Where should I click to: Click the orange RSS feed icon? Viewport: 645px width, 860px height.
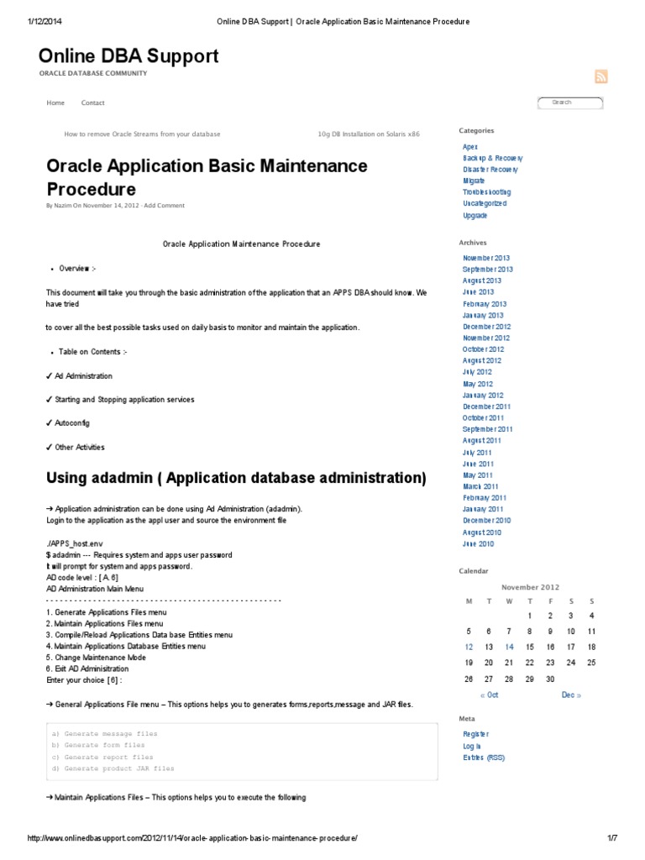(600, 76)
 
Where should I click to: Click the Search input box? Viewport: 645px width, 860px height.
(570, 102)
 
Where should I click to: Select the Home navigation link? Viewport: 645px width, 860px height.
(55, 103)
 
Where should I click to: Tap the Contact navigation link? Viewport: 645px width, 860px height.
(92, 103)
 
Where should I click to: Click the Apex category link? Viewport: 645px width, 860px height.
(470, 147)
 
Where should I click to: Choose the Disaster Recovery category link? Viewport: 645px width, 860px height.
(490, 170)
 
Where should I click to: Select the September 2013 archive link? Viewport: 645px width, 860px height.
(487, 270)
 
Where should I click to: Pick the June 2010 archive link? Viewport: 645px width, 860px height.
(478, 543)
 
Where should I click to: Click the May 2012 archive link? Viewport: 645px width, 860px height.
(477, 384)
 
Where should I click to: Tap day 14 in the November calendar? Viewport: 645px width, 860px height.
(510, 647)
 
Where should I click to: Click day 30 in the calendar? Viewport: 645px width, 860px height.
(551, 679)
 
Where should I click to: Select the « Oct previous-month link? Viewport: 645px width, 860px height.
(489, 695)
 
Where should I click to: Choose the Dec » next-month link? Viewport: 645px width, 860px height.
(571, 695)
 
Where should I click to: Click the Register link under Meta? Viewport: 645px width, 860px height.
(475, 734)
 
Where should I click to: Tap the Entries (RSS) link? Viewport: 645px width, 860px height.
(484, 758)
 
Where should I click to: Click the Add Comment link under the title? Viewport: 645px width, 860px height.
(165, 206)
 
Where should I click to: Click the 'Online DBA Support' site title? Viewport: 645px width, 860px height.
(128, 56)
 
